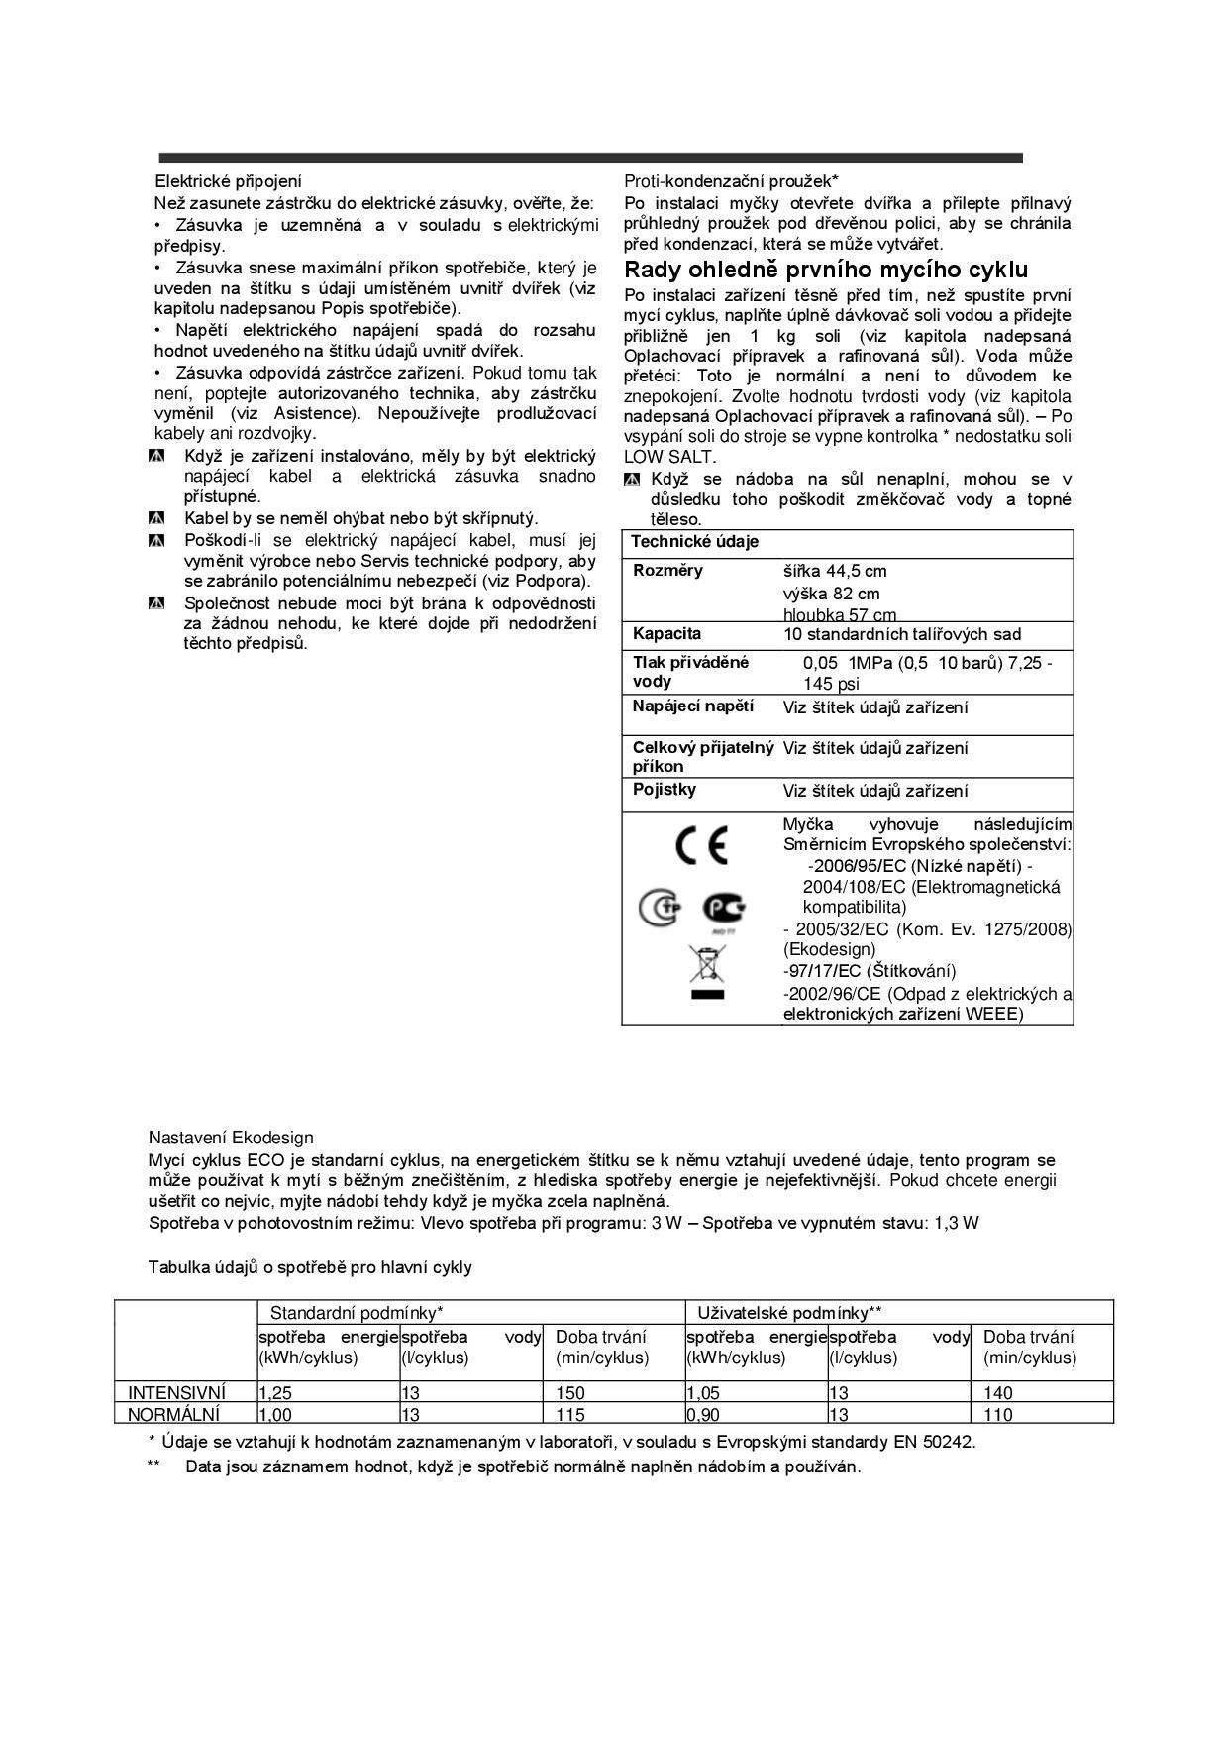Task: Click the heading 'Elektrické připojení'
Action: (228, 181)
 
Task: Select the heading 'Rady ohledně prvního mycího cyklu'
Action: (826, 270)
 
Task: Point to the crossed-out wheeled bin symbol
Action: (708, 964)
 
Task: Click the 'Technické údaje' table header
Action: (694, 542)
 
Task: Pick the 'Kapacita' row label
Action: (666, 633)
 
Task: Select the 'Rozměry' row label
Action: (667, 570)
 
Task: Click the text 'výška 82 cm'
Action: (831, 594)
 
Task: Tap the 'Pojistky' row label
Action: (664, 790)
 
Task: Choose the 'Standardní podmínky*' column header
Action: (356, 1313)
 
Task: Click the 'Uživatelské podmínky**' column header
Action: (789, 1313)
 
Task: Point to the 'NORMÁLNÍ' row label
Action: (174, 1414)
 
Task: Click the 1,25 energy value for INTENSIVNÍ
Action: (275, 1393)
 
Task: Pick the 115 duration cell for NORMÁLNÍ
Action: (570, 1414)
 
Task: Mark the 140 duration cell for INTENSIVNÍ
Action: (998, 1393)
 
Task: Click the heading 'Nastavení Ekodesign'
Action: (231, 1138)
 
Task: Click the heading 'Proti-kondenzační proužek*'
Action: (731, 181)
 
